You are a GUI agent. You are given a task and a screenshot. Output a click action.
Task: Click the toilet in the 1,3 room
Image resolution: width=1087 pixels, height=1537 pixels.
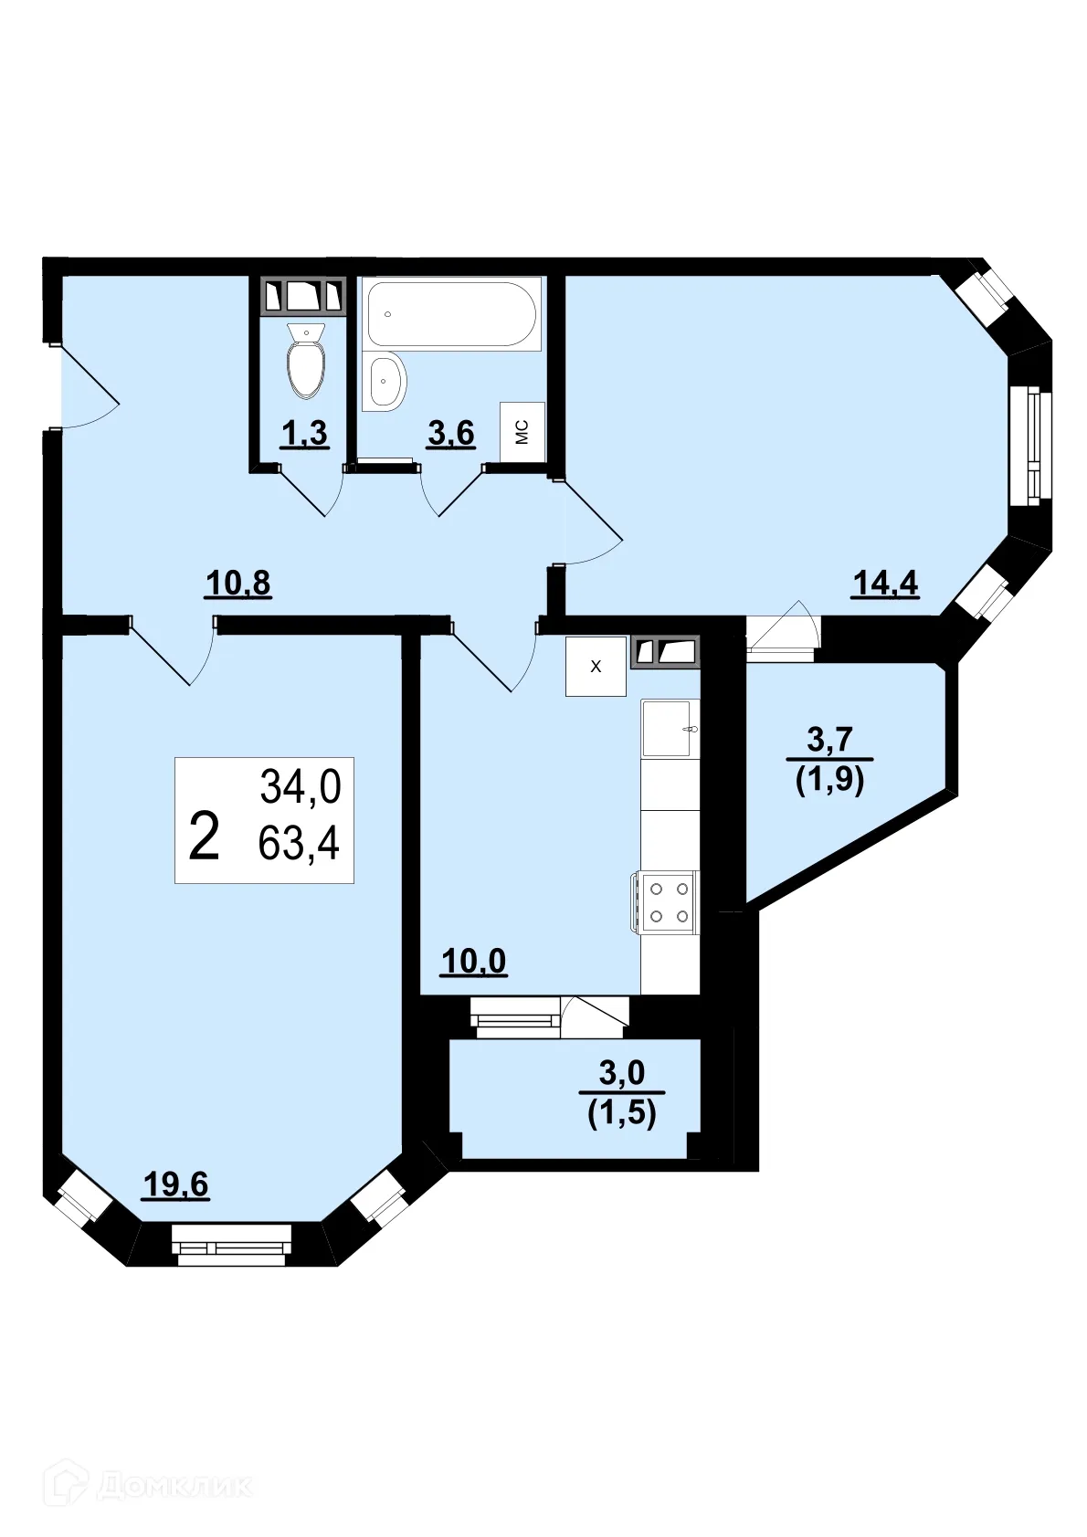305,363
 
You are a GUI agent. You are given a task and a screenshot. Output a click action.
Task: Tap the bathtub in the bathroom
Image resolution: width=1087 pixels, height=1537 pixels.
451,313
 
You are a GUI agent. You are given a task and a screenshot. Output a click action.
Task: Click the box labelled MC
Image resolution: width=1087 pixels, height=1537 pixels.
522,431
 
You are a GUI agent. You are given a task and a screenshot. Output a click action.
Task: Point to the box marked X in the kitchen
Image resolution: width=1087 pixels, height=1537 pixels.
596,667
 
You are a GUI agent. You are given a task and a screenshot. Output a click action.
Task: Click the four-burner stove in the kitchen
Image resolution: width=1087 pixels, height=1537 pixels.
667,901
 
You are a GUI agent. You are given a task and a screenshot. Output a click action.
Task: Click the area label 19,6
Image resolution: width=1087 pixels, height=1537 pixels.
176,1184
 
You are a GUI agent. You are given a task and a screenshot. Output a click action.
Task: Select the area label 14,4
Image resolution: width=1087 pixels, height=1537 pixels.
884,582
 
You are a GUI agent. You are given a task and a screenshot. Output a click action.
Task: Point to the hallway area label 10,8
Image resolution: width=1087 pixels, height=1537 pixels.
237,582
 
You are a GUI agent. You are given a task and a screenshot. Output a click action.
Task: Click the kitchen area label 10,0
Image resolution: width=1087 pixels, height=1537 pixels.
473,961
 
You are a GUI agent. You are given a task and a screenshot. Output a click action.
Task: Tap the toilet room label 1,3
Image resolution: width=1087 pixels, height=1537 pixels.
304,433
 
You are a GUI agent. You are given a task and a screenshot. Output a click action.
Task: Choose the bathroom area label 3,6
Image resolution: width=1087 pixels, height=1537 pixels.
451,433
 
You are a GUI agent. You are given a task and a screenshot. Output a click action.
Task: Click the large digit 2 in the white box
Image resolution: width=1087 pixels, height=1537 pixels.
204,837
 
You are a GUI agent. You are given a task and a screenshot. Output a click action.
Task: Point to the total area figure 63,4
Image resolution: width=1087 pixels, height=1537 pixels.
299,843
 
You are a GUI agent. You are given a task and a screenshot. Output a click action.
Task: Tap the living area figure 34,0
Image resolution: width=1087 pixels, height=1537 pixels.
300,786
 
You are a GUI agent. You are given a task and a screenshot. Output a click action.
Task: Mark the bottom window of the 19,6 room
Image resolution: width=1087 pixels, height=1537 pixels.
231,1245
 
